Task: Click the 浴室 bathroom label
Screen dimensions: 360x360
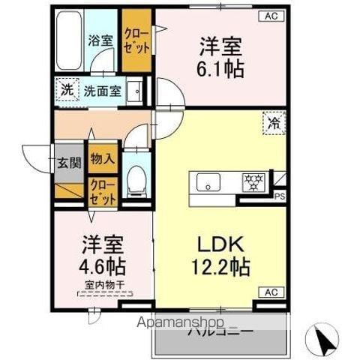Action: click(x=101, y=40)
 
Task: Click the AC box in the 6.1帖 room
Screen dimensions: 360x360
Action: click(x=270, y=16)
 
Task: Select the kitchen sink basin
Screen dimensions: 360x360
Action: click(x=207, y=181)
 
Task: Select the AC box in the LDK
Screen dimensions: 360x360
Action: click(x=270, y=291)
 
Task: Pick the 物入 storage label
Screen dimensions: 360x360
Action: click(x=103, y=158)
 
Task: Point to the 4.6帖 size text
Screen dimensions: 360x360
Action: click(x=103, y=266)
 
